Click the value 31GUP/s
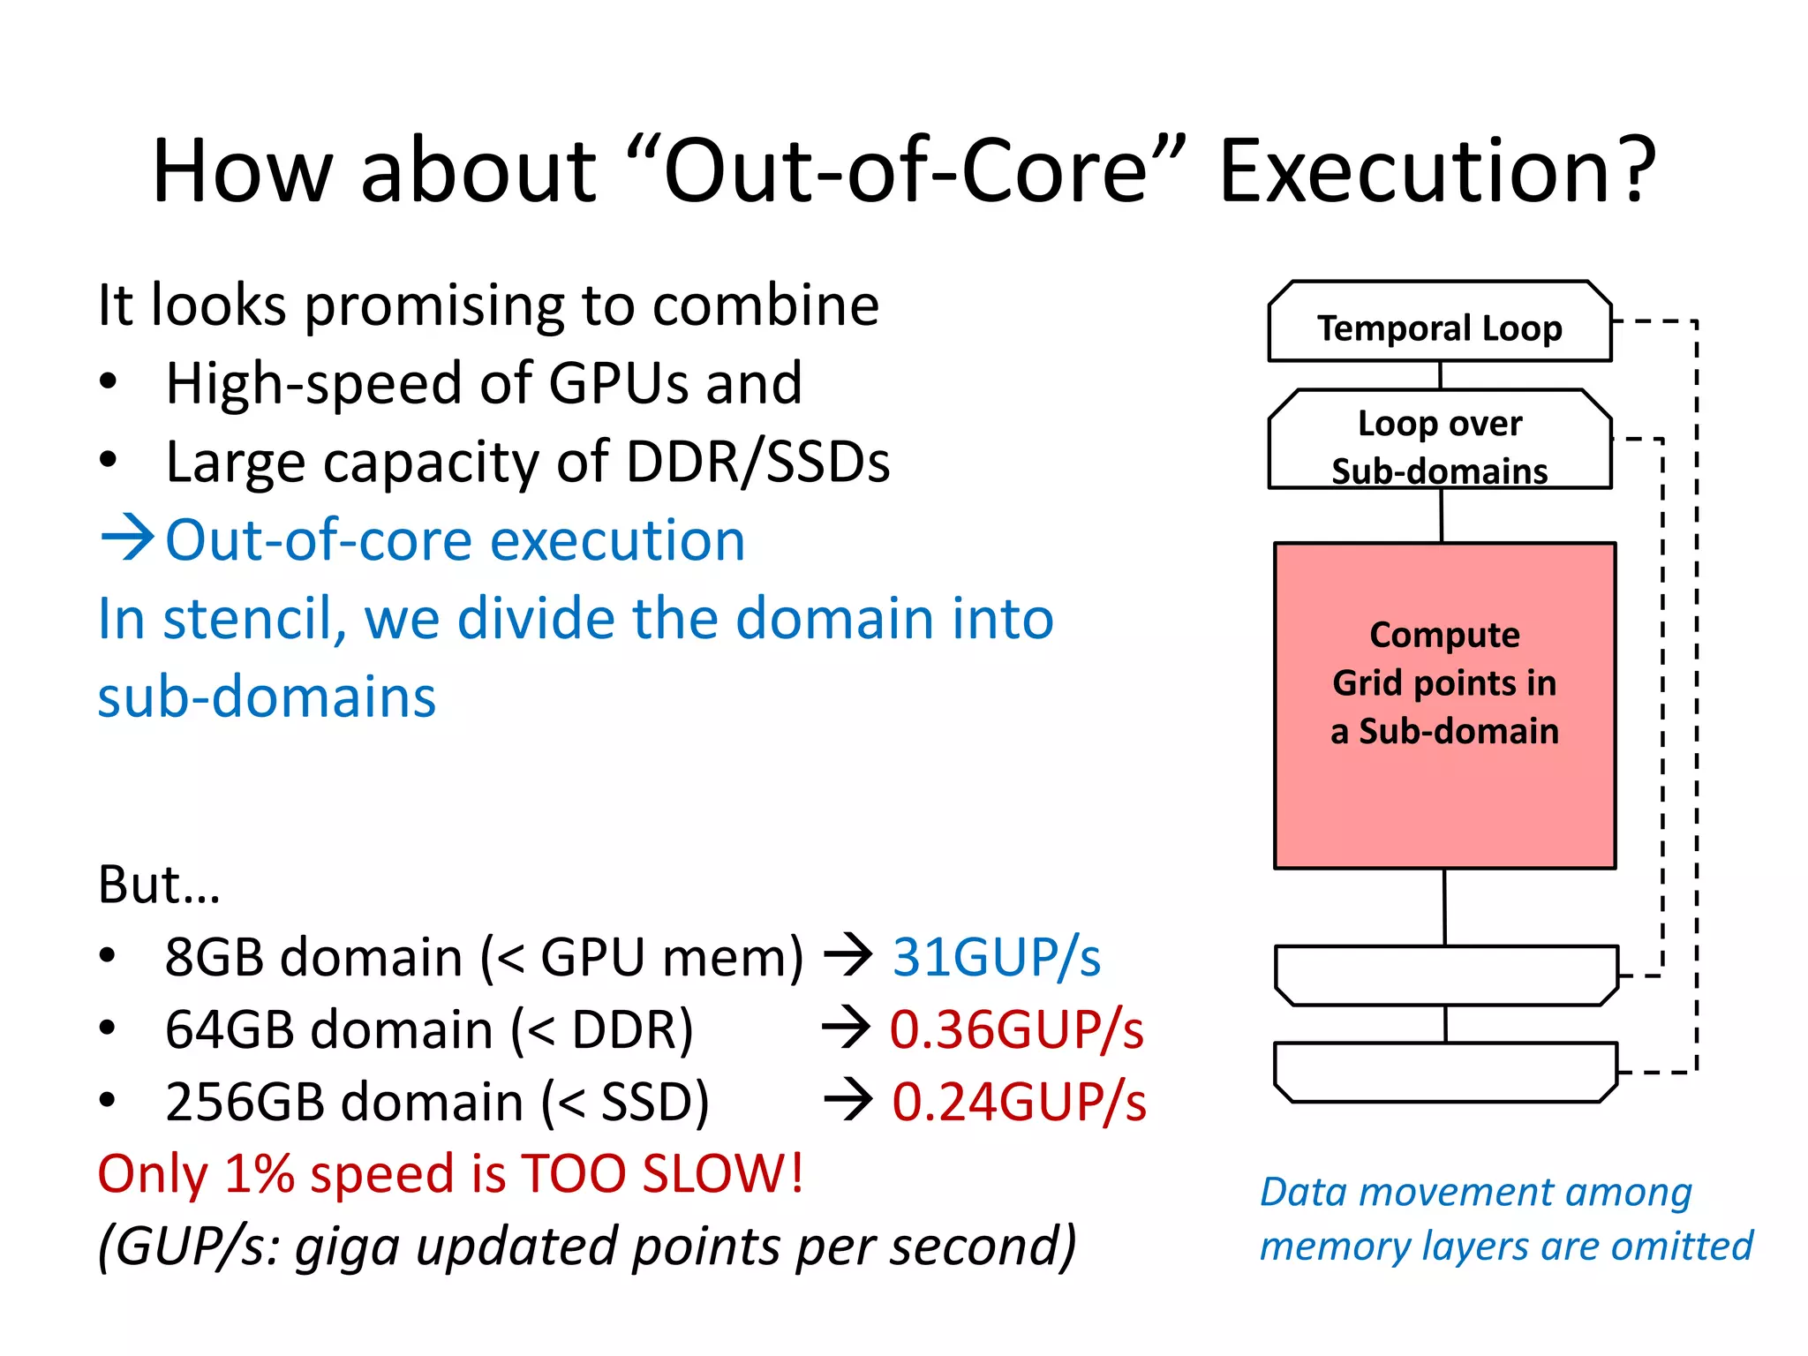coord(996,957)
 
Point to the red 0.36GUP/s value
coord(1016,1030)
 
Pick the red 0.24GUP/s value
coord(1018,1103)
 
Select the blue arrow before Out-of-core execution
coord(128,538)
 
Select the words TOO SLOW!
coord(662,1174)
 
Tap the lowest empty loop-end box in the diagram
coord(1445,1072)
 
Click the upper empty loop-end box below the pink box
coord(1445,975)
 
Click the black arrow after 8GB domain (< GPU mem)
coord(847,956)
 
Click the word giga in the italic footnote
coord(346,1247)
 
